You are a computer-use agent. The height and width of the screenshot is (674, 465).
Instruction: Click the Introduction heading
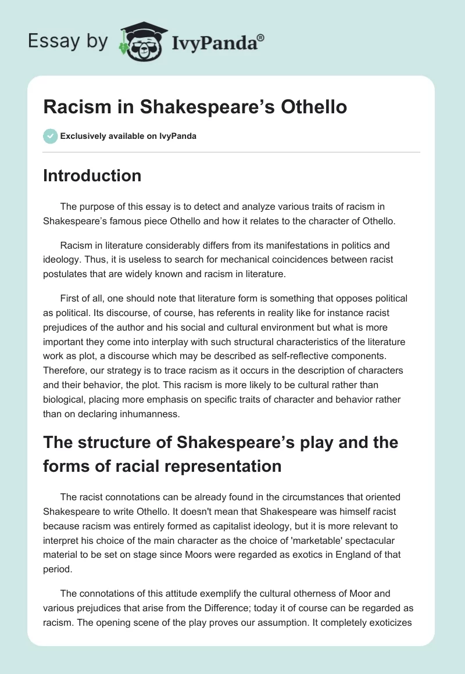[x=92, y=175]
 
